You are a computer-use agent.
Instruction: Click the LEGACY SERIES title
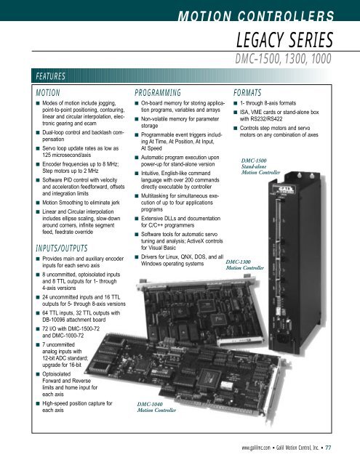tap(284, 40)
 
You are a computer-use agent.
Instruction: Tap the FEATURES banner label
tap(50, 76)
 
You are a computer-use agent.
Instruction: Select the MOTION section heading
tap(48, 93)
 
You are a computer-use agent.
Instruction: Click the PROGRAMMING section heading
tap(158, 93)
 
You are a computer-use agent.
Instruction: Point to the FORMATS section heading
tap(247, 93)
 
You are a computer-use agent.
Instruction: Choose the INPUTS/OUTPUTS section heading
tap(62, 248)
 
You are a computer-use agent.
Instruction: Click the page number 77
tap(328, 448)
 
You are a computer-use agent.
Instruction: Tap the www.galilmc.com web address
tap(256, 448)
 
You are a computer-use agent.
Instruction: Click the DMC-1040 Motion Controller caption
tap(156, 407)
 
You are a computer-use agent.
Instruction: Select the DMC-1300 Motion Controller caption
tap(244, 264)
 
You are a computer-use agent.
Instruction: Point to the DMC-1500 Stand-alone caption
tap(260, 166)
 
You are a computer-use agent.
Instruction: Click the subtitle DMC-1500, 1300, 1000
tap(283, 59)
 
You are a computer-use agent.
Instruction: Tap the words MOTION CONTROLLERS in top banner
tap(256, 16)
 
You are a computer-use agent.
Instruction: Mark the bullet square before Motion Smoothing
tap(38, 203)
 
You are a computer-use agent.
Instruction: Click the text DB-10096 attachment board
tap(74, 320)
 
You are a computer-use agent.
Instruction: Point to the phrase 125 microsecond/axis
tap(66, 155)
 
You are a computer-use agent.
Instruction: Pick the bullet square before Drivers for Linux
tap(137, 257)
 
